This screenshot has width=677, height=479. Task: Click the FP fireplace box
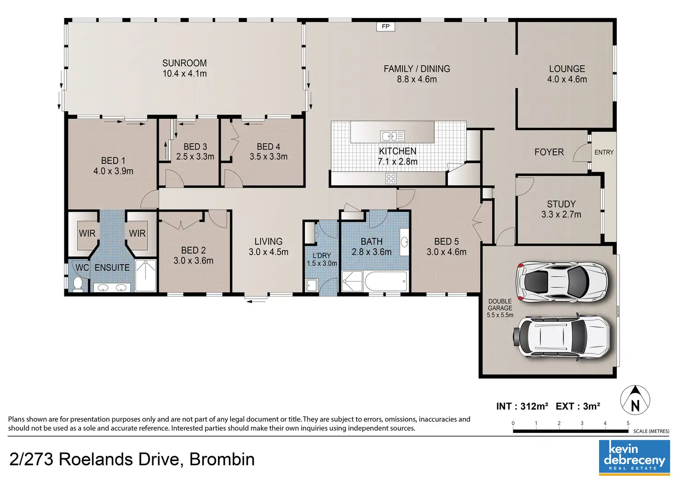(x=385, y=27)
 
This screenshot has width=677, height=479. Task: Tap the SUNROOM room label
(x=184, y=63)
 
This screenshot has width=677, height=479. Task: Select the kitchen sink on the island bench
(x=392, y=136)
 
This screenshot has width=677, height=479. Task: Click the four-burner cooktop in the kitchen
(x=391, y=179)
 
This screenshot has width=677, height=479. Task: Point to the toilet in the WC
(x=78, y=283)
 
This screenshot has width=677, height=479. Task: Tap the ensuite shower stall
(x=146, y=275)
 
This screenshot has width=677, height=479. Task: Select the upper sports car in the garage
(x=562, y=282)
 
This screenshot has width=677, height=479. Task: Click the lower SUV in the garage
(x=562, y=337)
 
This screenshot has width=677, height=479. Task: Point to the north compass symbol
(x=635, y=400)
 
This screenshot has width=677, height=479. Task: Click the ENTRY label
(x=604, y=152)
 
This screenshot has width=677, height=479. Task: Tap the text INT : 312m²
(x=522, y=406)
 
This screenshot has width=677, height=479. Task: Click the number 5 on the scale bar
(x=628, y=423)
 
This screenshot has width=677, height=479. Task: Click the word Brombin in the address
(x=222, y=459)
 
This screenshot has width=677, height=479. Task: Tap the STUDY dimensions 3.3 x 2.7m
(x=561, y=214)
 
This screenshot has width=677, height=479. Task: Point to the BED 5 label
(x=447, y=241)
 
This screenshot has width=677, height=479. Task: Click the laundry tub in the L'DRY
(x=311, y=285)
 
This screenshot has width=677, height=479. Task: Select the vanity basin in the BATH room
(x=404, y=242)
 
